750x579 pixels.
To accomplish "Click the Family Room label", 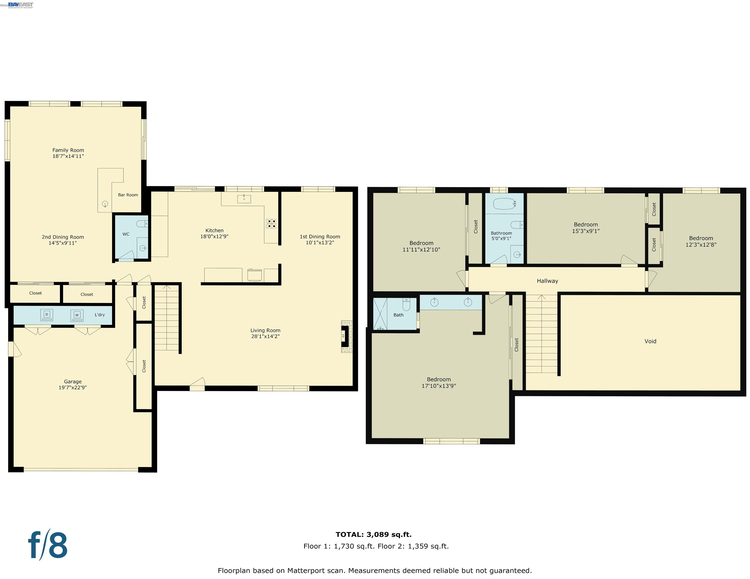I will click(68, 150).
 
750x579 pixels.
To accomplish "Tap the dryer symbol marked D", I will click(47, 315).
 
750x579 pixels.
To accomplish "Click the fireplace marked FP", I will click(344, 336).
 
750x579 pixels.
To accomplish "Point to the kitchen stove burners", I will click(271, 224).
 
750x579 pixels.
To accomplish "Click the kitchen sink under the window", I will click(244, 199).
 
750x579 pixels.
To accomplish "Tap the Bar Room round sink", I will click(105, 204).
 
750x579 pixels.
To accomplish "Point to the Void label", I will click(650, 341).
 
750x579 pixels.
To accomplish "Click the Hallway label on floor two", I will click(547, 281).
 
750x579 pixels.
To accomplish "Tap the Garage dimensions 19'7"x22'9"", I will click(72, 388).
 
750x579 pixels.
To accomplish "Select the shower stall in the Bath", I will click(380, 314).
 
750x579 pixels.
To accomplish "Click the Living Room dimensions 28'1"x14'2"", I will click(265, 336).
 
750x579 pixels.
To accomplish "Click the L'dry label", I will click(100, 315).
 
